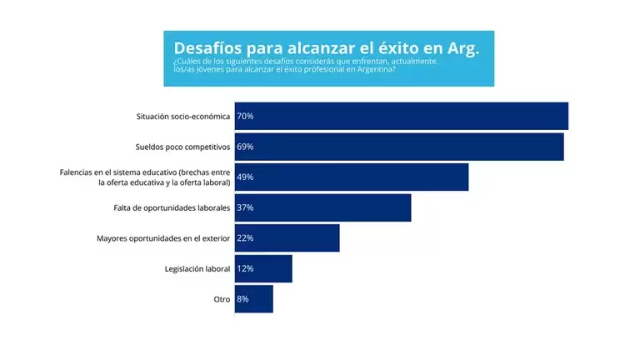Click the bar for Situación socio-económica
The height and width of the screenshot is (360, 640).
click(x=401, y=116)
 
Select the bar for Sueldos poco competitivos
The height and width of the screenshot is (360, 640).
click(x=398, y=147)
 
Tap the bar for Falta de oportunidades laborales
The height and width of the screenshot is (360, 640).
click(x=322, y=207)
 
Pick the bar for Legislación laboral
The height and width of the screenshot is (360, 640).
click(x=263, y=268)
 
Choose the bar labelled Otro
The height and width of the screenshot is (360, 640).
click(x=253, y=299)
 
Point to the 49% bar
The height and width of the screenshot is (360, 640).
click(x=351, y=177)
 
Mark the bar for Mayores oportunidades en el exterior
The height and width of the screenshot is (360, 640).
click(x=287, y=238)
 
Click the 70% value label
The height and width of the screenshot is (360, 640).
click(x=245, y=117)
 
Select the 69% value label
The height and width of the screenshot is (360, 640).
click(x=245, y=147)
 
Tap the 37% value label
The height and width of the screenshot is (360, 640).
click(x=245, y=207)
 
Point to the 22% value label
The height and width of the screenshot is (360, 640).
click(x=245, y=238)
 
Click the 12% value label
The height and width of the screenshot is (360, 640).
click(x=245, y=268)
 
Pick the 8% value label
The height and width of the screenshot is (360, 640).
click(x=242, y=299)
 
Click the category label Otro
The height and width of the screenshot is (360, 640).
click(x=222, y=299)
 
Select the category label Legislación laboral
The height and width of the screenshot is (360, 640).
click(x=197, y=268)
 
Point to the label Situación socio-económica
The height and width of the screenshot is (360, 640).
click(x=183, y=117)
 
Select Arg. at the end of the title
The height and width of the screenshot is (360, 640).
click(x=463, y=47)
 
